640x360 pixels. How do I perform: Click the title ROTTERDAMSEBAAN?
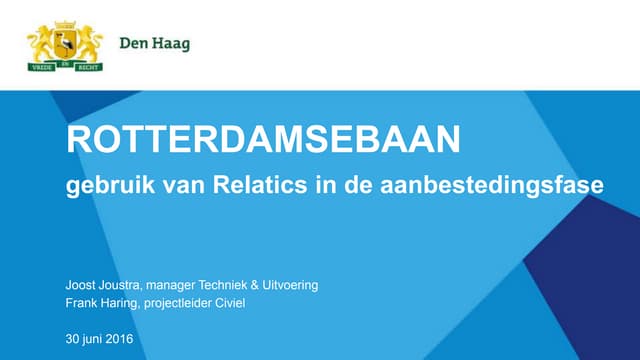pyautogui.click(x=263, y=140)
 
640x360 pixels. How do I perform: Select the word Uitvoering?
pyautogui.click(x=290, y=285)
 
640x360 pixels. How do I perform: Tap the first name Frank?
pyautogui.click(x=82, y=303)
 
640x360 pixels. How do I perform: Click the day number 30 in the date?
pyautogui.click(x=73, y=339)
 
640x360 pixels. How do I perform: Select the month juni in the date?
pyautogui.click(x=94, y=339)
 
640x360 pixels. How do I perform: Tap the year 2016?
pyautogui.click(x=121, y=339)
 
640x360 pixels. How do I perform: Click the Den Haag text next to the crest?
pyautogui.click(x=154, y=43)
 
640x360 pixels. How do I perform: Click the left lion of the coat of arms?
pyautogui.click(x=43, y=43)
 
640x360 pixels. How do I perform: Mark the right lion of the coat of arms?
pyautogui.click(x=89, y=43)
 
